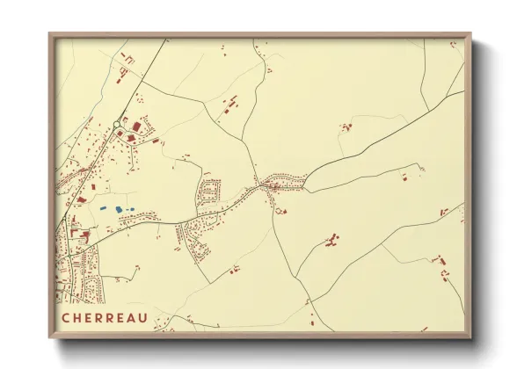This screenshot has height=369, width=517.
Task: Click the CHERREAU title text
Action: point(105,317)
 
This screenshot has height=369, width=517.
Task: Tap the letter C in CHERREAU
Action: point(66,317)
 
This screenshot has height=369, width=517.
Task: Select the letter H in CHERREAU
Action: point(77,317)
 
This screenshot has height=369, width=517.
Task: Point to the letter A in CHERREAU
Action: point(132,317)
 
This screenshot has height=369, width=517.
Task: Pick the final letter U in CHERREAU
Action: point(143,317)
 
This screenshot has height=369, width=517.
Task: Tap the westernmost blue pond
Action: point(103,208)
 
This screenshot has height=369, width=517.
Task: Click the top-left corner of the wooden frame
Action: point(50,34)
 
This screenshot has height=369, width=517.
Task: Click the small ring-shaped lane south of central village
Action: point(280,209)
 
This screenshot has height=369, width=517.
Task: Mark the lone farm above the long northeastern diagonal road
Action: point(346,127)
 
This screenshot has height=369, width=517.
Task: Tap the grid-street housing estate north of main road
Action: point(210,191)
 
